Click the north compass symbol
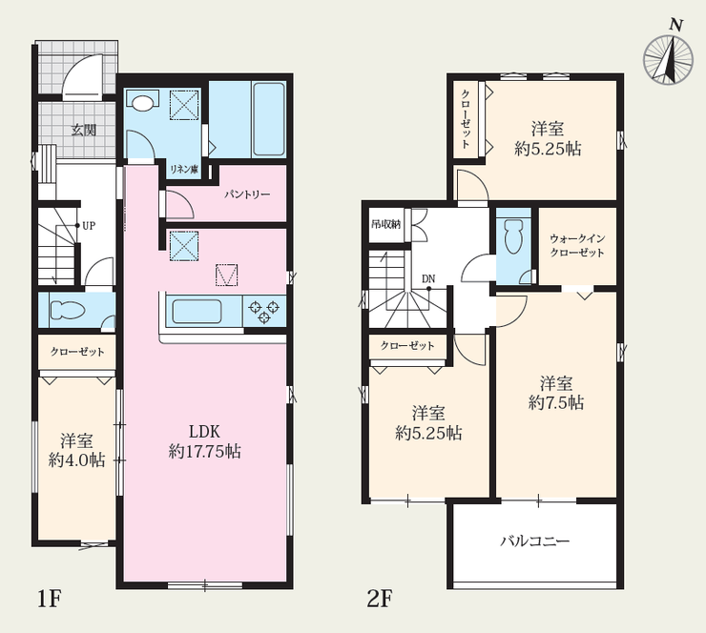[x=668, y=58]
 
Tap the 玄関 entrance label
[x=84, y=130]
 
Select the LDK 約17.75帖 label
[x=204, y=440]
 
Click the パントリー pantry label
[x=247, y=194]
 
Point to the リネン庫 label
[x=184, y=170]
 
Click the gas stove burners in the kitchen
[x=264, y=312]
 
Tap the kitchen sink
[x=197, y=312]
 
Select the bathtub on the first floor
[x=269, y=119]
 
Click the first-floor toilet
[x=68, y=310]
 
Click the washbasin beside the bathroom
[x=143, y=101]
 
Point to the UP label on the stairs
[x=89, y=225]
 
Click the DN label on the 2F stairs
[x=428, y=279]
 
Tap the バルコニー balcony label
[x=535, y=541]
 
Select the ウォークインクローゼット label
[x=577, y=245]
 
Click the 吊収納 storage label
[x=385, y=224]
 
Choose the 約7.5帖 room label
[x=556, y=402]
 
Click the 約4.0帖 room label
[x=76, y=460]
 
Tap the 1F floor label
[x=49, y=600]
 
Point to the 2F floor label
[x=380, y=600]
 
